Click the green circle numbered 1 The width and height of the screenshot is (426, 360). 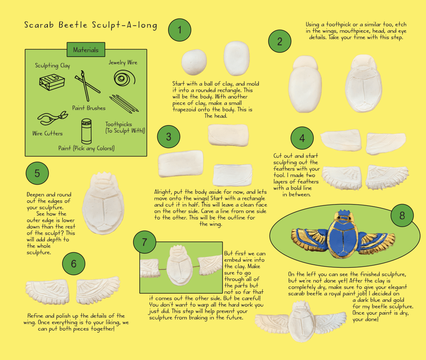[x=180, y=30]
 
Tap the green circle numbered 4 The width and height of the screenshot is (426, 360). [x=302, y=138]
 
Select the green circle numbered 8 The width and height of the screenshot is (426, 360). [x=402, y=216]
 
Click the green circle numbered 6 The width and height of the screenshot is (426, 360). [x=74, y=264]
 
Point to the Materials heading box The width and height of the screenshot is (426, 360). [x=86, y=50]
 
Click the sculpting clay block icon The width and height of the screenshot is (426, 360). [x=52, y=82]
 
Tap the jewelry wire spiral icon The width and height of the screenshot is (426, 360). [x=124, y=78]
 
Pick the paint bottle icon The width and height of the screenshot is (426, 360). [x=87, y=131]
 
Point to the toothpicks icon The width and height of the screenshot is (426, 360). [x=124, y=104]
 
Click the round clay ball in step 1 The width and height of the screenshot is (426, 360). [x=194, y=62]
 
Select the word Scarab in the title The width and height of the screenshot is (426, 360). [x=39, y=25]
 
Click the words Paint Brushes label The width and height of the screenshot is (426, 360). [x=89, y=108]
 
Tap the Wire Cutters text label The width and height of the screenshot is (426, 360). [x=47, y=133]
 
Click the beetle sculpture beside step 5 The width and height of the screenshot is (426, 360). [x=103, y=203]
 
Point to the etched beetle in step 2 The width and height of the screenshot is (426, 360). [x=364, y=83]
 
